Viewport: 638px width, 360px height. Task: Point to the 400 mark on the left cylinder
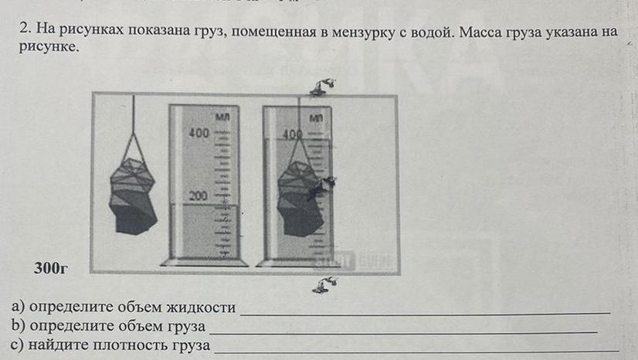[199, 134]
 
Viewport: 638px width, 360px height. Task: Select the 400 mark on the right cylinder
[292, 134]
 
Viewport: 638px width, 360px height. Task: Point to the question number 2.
[25, 30]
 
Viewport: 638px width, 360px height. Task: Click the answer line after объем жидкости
[425, 312]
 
